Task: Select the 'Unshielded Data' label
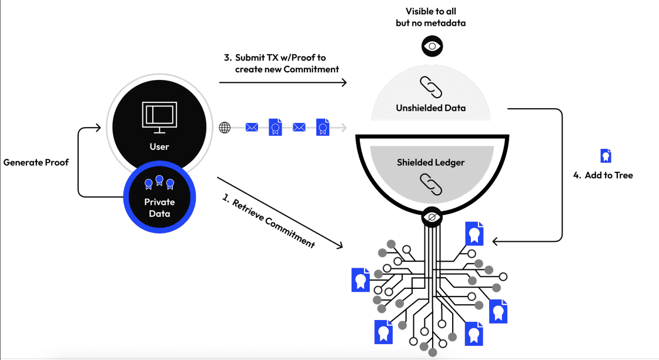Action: (431, 108)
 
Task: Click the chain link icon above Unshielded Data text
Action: (431, 88)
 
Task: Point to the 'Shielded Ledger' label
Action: (431, 162)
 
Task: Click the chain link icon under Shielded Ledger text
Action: (431, 184)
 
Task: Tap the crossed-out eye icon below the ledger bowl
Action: (432, 218)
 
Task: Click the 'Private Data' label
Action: (159, 208)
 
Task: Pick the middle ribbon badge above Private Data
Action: (159, 180)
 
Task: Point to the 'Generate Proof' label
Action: (36, 162)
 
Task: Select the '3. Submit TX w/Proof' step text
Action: (280, 63)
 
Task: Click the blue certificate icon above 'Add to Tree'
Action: (606, 156)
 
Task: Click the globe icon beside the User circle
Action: (225, 127)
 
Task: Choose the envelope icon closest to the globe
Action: (252, 127)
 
